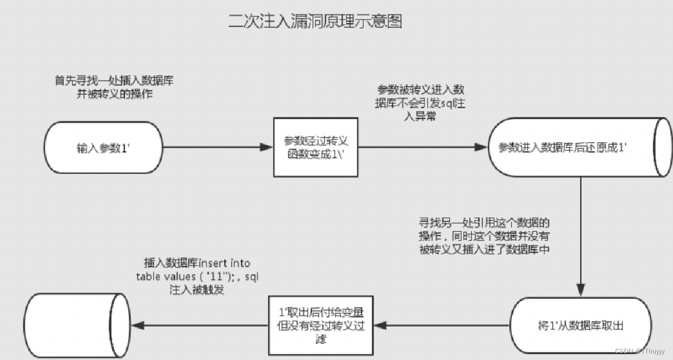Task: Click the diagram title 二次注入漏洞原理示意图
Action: [316, 22]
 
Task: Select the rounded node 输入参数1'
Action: [103, 148]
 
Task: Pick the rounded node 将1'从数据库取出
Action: [582, 326]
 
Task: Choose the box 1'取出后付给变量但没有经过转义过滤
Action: [321, 326]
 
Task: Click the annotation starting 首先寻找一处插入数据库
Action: [114, 87]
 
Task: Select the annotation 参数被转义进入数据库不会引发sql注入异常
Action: [420, 102]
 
